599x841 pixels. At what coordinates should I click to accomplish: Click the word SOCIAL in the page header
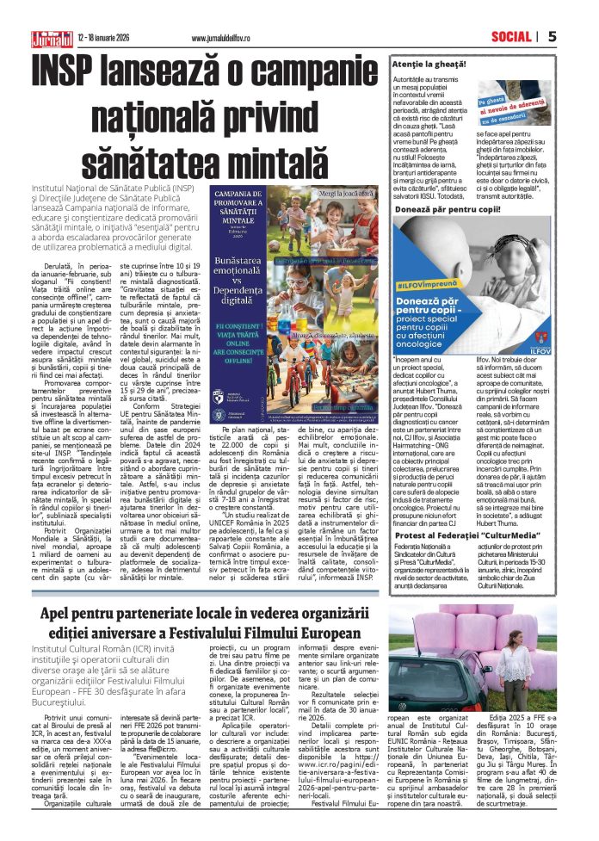point(511,36)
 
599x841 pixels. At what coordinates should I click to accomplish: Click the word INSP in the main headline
point(70,70)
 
